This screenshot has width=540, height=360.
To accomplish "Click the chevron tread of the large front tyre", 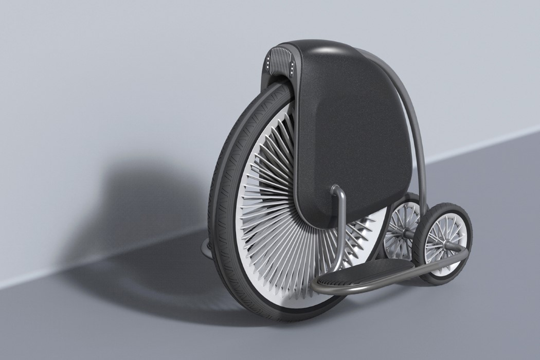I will coord(226,170).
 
